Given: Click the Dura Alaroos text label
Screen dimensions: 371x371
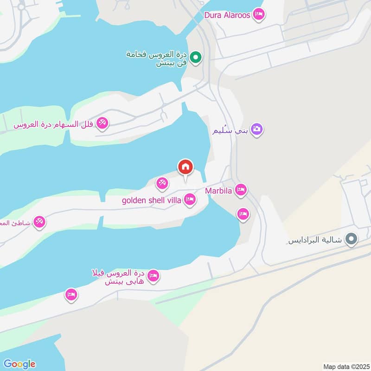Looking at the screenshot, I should (227, 15).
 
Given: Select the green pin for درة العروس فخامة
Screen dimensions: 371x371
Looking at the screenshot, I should (196, 58).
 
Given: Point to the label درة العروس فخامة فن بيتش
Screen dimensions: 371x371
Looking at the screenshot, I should (157, 58).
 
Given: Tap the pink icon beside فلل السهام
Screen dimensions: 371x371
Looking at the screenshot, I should (103, 122).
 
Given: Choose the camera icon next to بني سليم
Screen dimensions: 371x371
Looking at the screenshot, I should (256, 129).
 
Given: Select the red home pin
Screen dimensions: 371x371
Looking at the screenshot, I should (185, 167).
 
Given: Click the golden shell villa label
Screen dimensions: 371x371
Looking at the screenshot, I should (152, 200).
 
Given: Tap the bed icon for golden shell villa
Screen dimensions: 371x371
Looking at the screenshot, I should (190, 200).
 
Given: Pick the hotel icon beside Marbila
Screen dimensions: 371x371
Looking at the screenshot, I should (241, 189).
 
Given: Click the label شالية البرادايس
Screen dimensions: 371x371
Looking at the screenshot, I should (315, 240).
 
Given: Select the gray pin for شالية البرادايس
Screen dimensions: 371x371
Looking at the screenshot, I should (352, 239).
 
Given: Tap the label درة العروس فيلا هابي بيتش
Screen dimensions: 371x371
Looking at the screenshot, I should (119, 277).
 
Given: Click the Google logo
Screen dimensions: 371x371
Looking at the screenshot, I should (19, 364).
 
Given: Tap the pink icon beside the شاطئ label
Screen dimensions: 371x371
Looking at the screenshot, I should (39, 223).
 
